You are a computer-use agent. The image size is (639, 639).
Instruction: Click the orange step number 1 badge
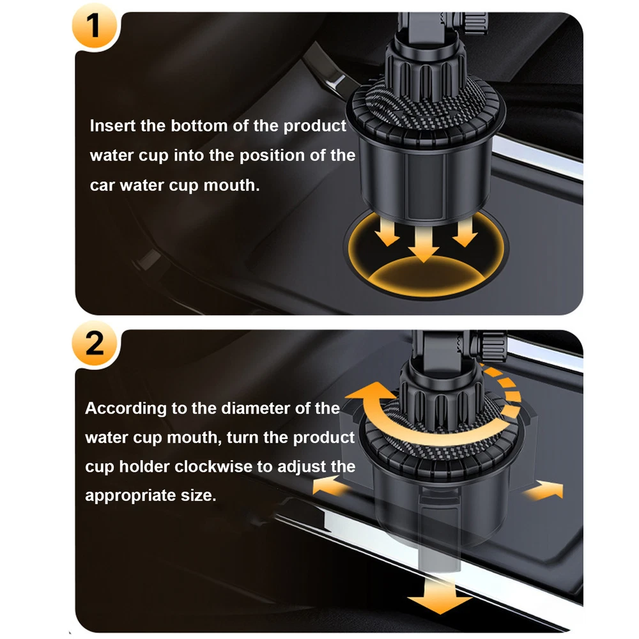point(95,26)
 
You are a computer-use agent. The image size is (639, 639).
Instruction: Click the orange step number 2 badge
point(95,343)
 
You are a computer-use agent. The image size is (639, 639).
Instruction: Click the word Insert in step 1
point(112,125)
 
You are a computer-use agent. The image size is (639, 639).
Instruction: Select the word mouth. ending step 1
point(231,185)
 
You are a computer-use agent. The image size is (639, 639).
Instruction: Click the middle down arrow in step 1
point(424,243)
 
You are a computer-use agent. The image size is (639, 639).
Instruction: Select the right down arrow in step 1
point(465,233)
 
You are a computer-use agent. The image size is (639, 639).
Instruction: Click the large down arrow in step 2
point(440,597)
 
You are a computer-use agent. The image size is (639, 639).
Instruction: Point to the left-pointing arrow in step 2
point(331,486)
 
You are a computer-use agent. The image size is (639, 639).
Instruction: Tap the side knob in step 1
point(475,23)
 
